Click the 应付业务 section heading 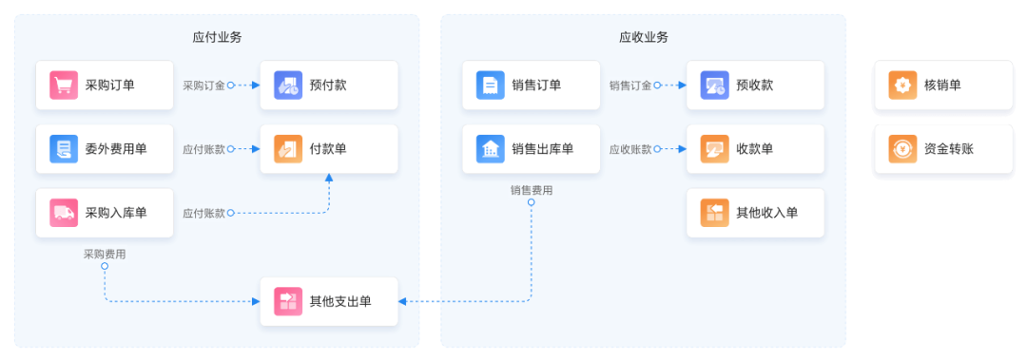tap(217, 37)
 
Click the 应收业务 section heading tap(644, 37)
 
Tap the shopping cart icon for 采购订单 tap(64, 85)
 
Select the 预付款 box tap(329, 85)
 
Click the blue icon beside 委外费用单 tap(64, 149)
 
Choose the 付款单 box tap(329, 149)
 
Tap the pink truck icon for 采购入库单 tap(64, 213)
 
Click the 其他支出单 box tap(329, 301)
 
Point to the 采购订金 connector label tap(203, 85)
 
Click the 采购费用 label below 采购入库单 tap(105, 255)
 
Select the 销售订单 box tap(532, 85)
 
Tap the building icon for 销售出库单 tap(491, 149)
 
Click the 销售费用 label tap(532, 190)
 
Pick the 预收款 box tap(755, 85)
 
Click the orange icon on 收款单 tap(714, 149)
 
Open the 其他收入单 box tap(755, 213)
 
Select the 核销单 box tap(944, 85)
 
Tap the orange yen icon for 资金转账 tap(902, 149)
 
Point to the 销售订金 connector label tap(630, 85)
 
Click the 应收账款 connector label tap(630, 150)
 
